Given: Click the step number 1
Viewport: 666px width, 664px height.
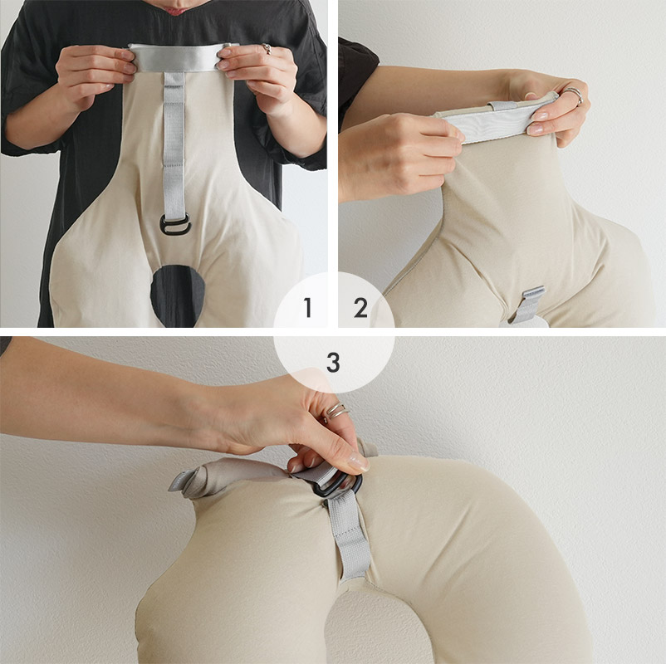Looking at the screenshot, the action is (307, 307).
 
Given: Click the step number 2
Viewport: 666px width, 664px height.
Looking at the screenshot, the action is (360, 308).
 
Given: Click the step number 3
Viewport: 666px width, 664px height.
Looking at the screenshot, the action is (334, 363).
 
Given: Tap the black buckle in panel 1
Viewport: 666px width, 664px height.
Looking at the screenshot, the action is (175, 225).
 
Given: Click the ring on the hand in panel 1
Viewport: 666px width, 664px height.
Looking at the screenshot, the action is (267, 49).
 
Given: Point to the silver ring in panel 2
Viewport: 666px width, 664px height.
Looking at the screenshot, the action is (574, 95).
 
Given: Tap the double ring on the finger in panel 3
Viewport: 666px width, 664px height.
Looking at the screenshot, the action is (337, 411).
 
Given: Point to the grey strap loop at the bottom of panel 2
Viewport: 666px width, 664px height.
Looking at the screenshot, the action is (526, 304).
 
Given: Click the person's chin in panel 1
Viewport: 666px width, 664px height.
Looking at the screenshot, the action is (184, 8).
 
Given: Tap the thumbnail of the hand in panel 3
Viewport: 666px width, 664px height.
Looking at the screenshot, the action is (359, 462).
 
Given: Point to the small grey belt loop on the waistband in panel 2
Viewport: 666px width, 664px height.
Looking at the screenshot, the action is (502, 105).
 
